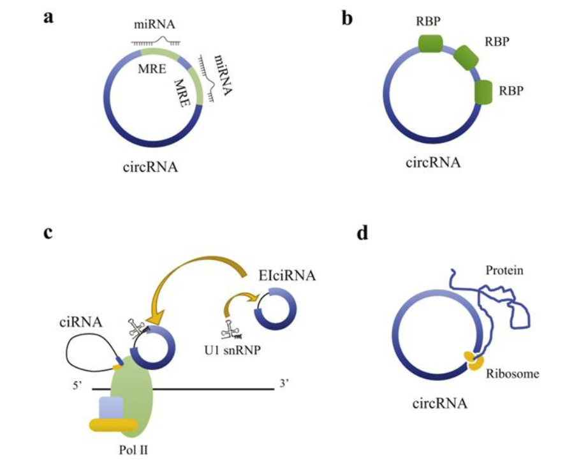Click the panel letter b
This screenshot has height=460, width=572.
coord(348,18)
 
